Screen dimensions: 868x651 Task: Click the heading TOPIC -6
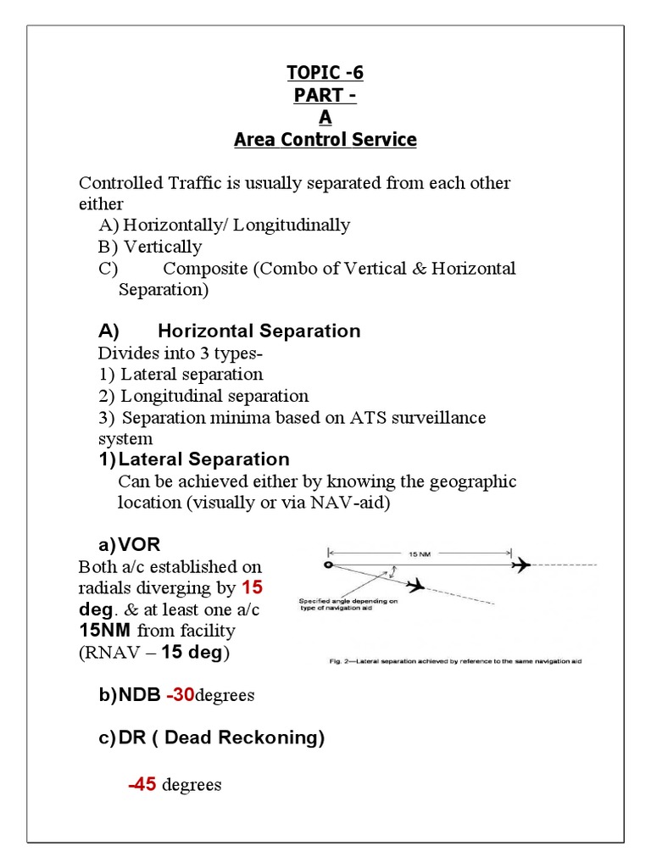(325, 73)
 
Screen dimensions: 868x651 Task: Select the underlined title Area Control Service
(325, 140)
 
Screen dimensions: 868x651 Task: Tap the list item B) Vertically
(150, 247)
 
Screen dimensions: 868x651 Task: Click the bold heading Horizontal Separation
(259, 331)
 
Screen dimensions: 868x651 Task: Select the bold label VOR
(139, 544)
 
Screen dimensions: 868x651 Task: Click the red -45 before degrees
(142, 785)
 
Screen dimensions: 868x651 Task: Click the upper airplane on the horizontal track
(521, 565)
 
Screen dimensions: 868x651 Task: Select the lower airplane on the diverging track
(415, 585)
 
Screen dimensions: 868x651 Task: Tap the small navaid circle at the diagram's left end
(329, 565)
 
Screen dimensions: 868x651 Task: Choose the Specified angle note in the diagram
(348, 604)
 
